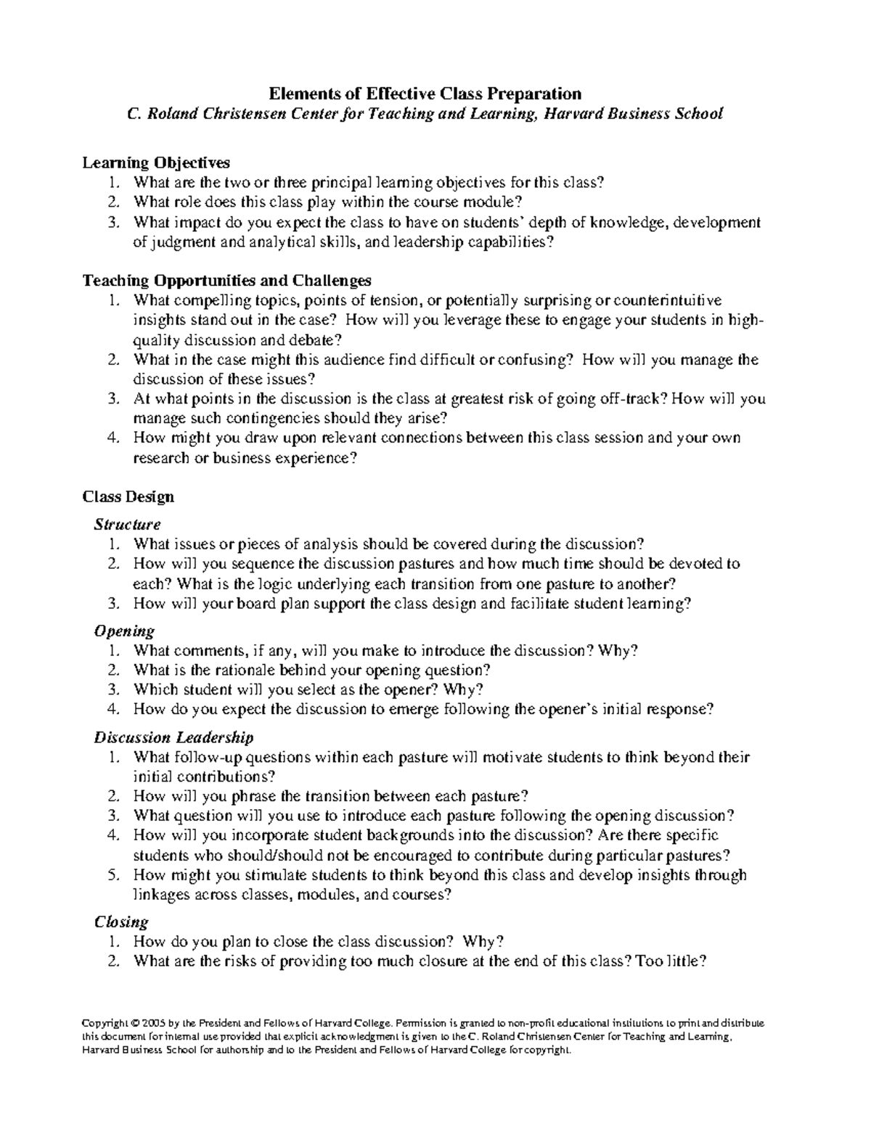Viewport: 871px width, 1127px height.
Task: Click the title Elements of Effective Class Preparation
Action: click(425, 94)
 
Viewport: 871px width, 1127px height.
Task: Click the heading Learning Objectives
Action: click(156, 163)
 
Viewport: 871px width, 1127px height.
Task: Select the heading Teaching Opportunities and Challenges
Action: click(227, 280)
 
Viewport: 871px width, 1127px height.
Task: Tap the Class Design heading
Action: click(128, 496)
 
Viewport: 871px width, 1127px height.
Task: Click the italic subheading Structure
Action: click(127, 524)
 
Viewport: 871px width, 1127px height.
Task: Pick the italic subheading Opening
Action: click(124, 631)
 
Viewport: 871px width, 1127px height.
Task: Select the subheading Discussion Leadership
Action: click(173, 737)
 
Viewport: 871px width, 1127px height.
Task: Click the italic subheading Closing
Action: click(121, 922)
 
